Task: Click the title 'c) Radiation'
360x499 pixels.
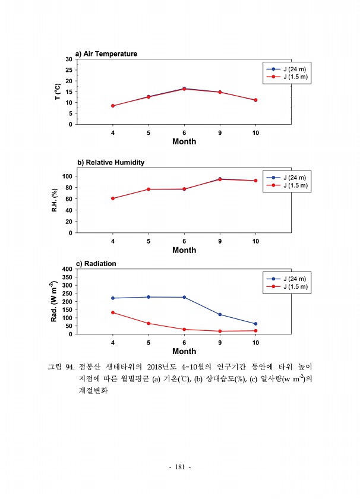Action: tap(96, 263)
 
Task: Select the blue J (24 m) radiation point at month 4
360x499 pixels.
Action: tap(113, 298)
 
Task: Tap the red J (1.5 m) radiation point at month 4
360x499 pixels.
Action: tap(113, 312)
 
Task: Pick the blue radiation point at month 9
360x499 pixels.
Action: tap(220, 314)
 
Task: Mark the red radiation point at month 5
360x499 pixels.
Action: tap(149, 323)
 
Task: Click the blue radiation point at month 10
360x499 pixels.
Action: tap(255, 324)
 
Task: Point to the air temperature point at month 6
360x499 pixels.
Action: tap(184, 89)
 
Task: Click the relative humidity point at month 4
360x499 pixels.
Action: tap(113, 198)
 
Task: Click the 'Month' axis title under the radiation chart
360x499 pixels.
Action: tap(184, 351)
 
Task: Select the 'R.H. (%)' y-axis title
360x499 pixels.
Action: tap(55, 200)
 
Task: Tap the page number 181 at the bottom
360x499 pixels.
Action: tap(180, 468)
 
